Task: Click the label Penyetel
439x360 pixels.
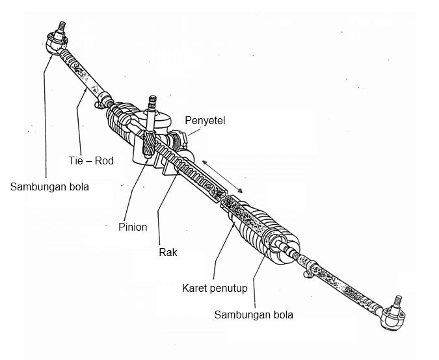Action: (205, 120)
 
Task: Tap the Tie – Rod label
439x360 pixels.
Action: (91, 161)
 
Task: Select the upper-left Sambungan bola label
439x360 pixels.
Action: (49, 187)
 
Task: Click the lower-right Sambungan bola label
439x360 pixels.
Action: (254, 315)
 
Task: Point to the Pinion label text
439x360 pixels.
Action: (133, 227)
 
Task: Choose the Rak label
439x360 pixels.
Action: (168, 252)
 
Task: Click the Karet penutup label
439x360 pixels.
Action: (215, 289)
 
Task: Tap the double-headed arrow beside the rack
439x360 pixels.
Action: (223, 174)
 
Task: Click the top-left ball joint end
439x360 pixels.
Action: (54, 44)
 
